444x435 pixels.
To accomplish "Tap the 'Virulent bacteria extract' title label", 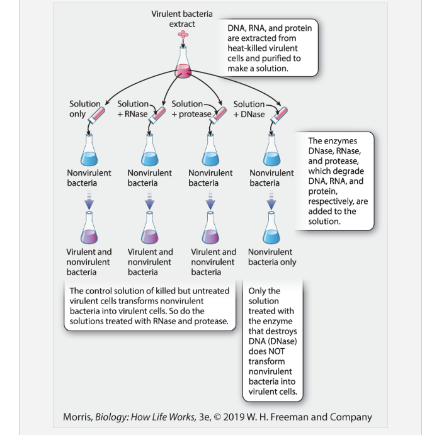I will (182, 19).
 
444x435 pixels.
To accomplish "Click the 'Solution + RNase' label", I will (133, 109).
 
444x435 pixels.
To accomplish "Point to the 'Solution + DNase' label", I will (249, 109).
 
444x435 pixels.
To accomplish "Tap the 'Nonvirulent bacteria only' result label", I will (272, 257).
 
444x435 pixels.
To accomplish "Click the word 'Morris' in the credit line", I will (78, 417).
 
